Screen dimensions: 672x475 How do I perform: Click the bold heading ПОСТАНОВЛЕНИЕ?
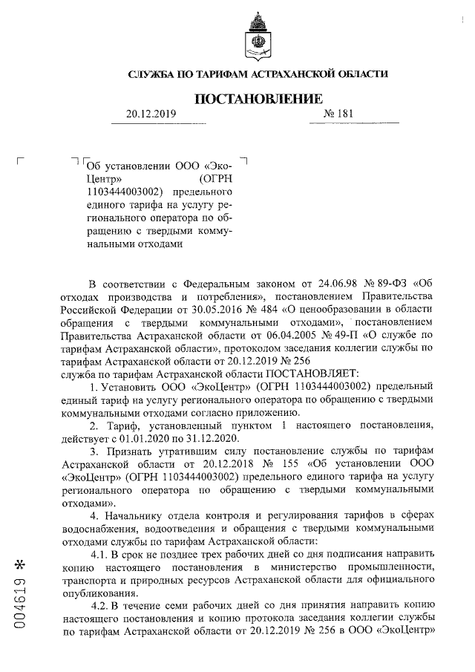click(x=258, y=99)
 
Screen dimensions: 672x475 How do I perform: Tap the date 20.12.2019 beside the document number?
click(x=151, y=114)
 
